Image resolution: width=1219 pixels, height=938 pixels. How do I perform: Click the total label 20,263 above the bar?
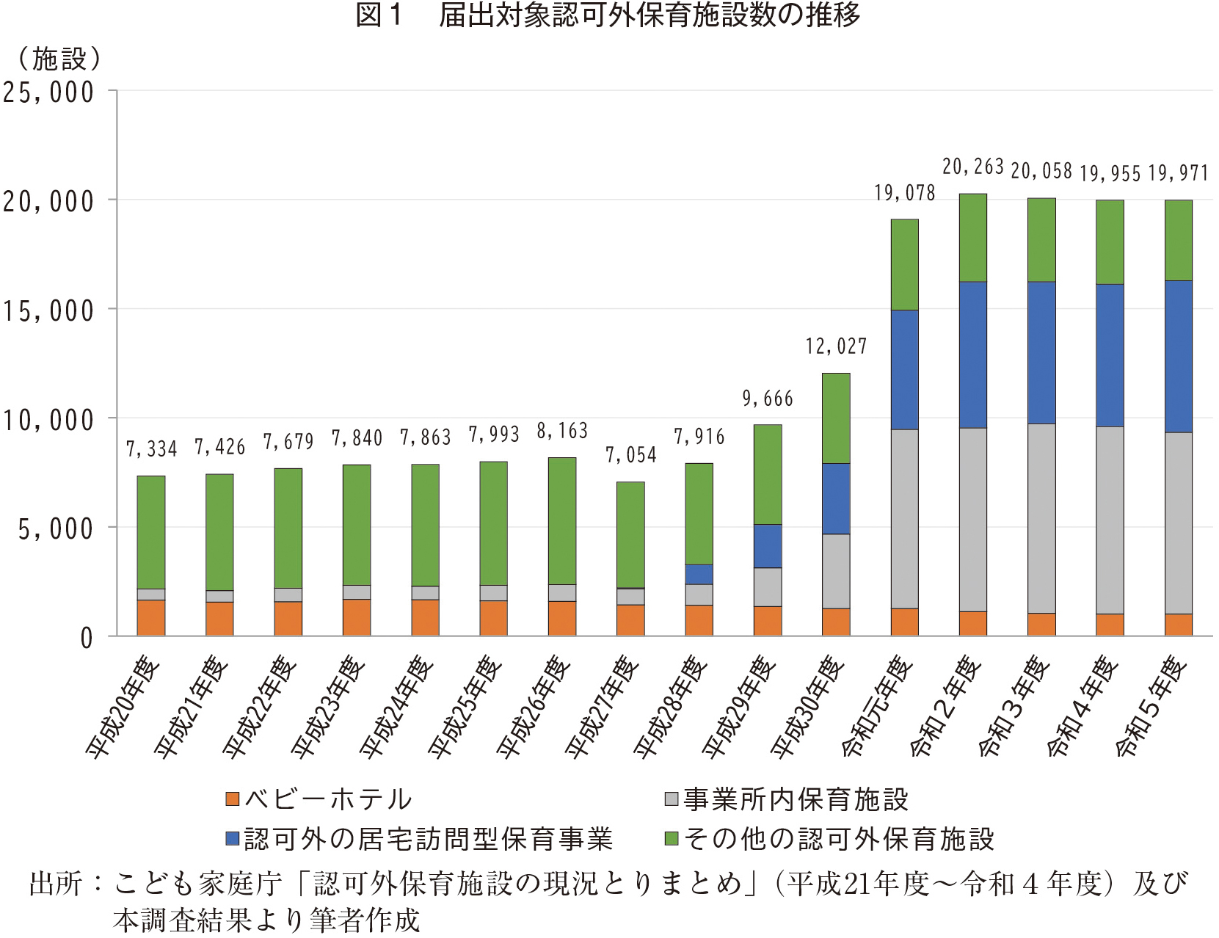(972, 167)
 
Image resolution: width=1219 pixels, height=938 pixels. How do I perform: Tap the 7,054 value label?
(630, 455)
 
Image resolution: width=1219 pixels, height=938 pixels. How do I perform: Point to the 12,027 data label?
(836, 346)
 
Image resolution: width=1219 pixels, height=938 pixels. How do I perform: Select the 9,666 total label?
(768, 399)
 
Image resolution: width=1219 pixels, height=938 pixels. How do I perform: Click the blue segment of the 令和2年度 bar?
(972, 355)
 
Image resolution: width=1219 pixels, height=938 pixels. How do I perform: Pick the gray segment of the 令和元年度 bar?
(904, 518)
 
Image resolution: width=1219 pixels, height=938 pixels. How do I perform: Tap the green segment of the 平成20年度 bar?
(151, 532)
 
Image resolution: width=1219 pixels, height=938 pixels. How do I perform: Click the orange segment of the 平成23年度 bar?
(357, 617)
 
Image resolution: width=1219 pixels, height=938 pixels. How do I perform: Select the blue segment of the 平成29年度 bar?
(768, 545)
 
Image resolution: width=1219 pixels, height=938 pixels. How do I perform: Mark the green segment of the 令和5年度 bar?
(1178, 240)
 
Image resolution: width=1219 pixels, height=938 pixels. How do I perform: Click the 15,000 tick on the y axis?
(48, 311)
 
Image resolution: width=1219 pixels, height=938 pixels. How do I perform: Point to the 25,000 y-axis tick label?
(48, 93)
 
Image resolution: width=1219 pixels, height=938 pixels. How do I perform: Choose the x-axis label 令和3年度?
(1014, 706)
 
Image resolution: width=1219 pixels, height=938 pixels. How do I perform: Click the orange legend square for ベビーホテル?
(233, 799)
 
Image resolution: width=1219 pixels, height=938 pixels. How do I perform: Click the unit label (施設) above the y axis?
(59, 59)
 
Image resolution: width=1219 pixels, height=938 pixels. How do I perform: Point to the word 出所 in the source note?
(56, 884)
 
